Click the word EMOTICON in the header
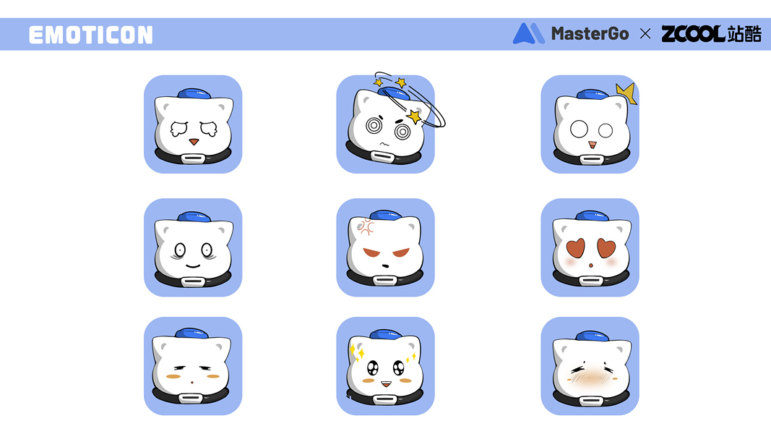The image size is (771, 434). [91, 35]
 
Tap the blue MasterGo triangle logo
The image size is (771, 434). [528, 33]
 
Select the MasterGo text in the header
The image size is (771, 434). [590, 33]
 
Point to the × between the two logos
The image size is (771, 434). [645, 33]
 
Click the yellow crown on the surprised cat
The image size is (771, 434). [627, 93]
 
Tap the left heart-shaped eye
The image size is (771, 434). [575, 248]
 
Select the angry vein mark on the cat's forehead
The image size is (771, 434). [366, 226]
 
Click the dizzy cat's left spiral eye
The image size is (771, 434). [374, 125]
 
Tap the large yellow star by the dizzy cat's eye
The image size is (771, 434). [414, 116]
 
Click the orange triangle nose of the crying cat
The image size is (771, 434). [194, 142]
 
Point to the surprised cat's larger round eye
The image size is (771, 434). [579, 129]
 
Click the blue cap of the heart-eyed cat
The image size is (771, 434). [592, 216]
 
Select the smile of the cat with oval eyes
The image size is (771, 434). [193, 266]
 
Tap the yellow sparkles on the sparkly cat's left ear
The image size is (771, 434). [357, 352]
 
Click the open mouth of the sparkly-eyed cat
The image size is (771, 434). [386, 383]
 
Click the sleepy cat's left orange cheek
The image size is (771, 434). [173, 376]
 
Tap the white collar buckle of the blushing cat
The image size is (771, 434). [590, 401]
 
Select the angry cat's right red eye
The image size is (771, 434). [401, 253]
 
